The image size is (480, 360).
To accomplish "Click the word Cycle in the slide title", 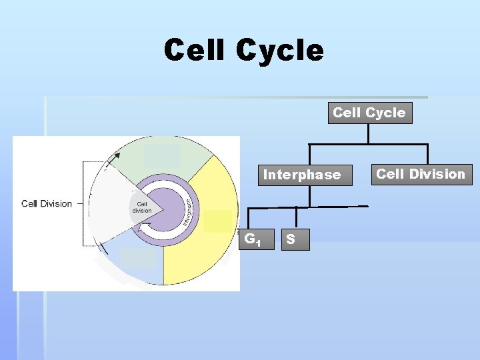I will (x=279, y=51).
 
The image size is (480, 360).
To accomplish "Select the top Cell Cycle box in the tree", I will (x=369, y=113).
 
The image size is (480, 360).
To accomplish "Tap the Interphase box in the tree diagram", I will (x=301, y=175).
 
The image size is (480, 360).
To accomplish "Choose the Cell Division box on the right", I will (x=421, y=174).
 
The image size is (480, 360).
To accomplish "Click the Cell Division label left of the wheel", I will (x=47, y=203).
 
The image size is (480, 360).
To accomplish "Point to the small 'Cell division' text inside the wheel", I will (x=142, y=207).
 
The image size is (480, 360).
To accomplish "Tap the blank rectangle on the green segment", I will (x=162, y=156).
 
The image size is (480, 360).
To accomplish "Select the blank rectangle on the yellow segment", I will (x=218, y=221).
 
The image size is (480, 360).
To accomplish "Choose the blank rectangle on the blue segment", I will (x=138, y=258).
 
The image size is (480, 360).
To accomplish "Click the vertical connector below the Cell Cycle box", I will (x=369, y=133).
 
